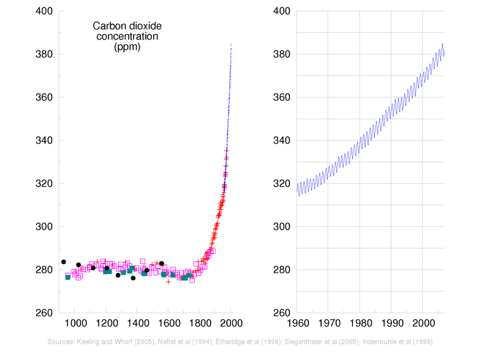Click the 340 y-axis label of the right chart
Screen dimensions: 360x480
[282, 140]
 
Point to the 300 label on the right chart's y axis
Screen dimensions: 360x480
[282, 227]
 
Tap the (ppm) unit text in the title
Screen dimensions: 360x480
[127, 46]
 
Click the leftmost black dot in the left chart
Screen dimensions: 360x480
[64, 262]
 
